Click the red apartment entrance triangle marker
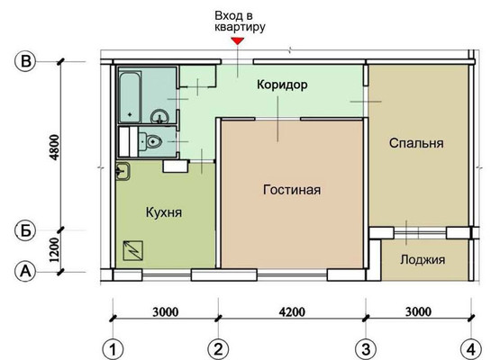tap(238, 40)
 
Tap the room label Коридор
tap(282, 85)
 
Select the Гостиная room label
tap(292, 190)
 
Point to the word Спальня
tap(416, 143)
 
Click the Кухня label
tap(164, 212)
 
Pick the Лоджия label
tap(423, 259)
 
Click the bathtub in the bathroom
tap(130, 97)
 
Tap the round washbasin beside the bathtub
tap(159, 117)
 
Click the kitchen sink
tap(123, 171)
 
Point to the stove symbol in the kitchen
tap(133, 251)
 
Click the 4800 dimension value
tap(55, 148)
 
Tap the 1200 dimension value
tap(55, 250)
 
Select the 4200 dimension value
tap(292, 311)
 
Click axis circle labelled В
tap(25, 61)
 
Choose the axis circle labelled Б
tap(25, 230)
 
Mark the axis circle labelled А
tap(25, 272)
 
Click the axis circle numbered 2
tap(218, 349)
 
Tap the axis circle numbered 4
tap(471, 349)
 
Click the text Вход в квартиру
tap(240, 22)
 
